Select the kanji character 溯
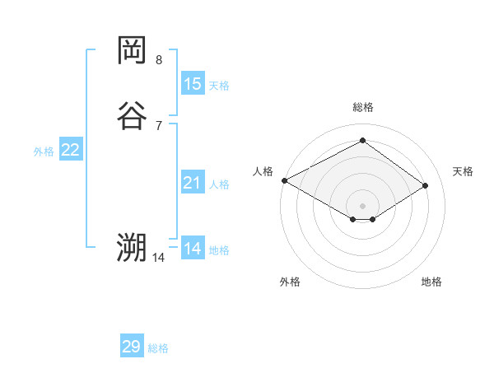[x=132, y=247]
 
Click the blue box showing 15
[x=193, y=84]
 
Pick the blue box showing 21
[x=193, y=184]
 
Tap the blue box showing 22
[x=71, y=150]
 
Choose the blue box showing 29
[x=132, y=347]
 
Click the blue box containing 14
[x=193, y=249]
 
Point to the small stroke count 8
[x=159, y=60]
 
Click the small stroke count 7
[x=159, y=125]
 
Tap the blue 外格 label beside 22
[x=44, y=152]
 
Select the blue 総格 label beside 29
[x=158, y=348]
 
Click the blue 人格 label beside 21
[x=220, y=184]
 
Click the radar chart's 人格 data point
[x=284, y=180]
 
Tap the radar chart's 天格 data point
[x=425, y=185]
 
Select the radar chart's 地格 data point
[x=373, y=219]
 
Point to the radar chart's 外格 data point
[x=353, y=219]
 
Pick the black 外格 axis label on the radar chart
[x=290, y=282]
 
